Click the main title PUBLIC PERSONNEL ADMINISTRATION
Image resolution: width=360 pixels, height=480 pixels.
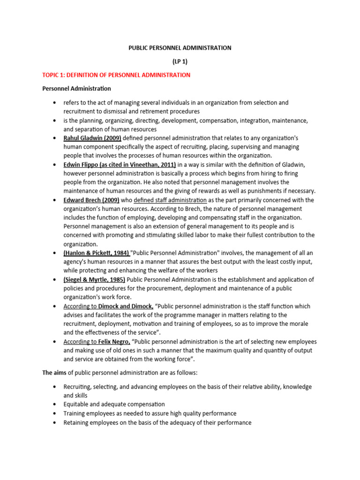180,48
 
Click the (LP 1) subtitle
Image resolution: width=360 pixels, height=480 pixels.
180,61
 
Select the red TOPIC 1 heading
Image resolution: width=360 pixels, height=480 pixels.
116,75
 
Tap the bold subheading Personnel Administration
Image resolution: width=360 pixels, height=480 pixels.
77,89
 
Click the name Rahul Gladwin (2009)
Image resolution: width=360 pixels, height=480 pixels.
92,138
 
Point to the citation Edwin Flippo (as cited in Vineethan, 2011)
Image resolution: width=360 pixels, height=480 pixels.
120,165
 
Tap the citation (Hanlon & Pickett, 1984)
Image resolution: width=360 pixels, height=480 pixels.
97,253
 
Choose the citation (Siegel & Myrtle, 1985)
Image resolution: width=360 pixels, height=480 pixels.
95,279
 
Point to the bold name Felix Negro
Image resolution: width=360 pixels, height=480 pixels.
114,342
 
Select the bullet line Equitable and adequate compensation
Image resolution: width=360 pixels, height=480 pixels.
114,404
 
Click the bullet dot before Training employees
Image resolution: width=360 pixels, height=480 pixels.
55,413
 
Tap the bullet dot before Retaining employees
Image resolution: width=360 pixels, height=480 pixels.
55,422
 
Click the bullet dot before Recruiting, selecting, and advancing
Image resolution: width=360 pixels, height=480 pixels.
55,387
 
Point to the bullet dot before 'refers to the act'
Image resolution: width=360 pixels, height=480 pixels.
55,102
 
